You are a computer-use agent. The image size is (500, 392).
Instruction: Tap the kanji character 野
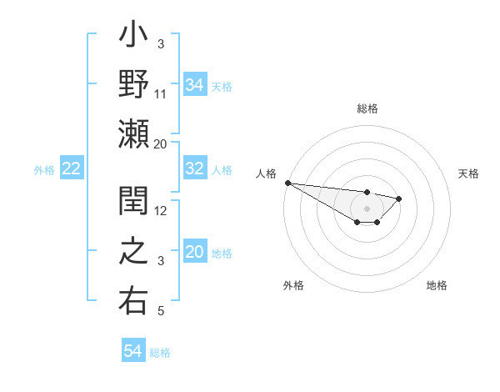tap(133, 85)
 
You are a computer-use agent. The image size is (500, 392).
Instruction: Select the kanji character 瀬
tap(133, 133)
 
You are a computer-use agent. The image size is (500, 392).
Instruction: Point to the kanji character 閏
tap(133, 204)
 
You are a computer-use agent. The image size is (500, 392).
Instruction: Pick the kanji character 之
tap(133, 253)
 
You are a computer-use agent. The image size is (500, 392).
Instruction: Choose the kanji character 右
tap(133, 300)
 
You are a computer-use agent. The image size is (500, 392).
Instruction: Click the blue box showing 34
tap(194, 85)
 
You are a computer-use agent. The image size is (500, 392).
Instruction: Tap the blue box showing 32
tap(194, 169)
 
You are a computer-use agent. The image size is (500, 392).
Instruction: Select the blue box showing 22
tap(72, 169)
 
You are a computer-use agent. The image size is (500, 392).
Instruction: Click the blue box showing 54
tap(132, 352)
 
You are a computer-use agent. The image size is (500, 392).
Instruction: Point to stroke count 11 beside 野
tap(161, 93)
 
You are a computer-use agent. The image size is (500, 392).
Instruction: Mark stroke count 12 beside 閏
tap(161, 211)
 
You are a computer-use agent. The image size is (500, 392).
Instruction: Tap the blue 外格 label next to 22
tap(44, 170)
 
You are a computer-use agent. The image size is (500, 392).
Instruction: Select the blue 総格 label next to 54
tap(160, 353)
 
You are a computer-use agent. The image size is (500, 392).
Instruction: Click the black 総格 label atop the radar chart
tap(367, 108)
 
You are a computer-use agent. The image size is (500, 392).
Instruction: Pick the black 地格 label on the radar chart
tap(437, 285)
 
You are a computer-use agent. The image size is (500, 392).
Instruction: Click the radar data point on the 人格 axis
tap(287, 183)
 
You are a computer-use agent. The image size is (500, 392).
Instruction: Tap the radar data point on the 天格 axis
tap(399, 199)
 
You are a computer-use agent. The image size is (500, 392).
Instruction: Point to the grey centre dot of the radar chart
tap(367, 208)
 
